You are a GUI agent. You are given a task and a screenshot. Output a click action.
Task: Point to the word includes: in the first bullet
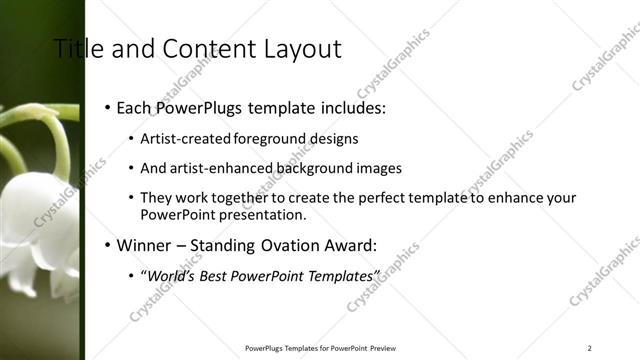point(351,107)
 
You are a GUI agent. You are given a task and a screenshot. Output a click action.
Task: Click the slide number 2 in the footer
point(590,348)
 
